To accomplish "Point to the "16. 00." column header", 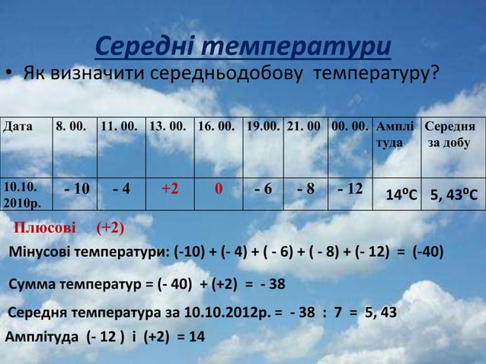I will pyautogui.click(x=217, y=125).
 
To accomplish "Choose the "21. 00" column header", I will pyautogui.click(x=304, y=125).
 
